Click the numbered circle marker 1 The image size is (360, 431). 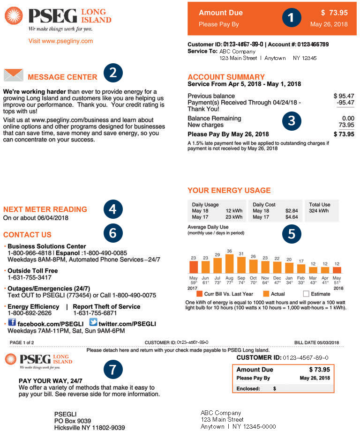[291, 18]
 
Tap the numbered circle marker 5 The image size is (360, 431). [292, 233]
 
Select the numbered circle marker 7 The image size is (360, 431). [112, 370]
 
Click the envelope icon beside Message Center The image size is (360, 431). [13, 75]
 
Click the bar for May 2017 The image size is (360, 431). [194, 267]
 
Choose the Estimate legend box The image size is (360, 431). [306, 294]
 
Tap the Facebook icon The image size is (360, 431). [12, 323]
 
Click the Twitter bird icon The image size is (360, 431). [93, 323]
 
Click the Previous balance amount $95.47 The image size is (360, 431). [344, 96]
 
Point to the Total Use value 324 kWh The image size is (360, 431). [319, 211]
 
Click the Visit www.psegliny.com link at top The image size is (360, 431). [60, 41]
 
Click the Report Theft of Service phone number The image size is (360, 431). [95, 313]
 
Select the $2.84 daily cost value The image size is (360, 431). [292, 211]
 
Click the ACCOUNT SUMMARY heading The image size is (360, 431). [226, 77]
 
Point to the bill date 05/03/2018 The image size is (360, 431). [328, 342]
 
